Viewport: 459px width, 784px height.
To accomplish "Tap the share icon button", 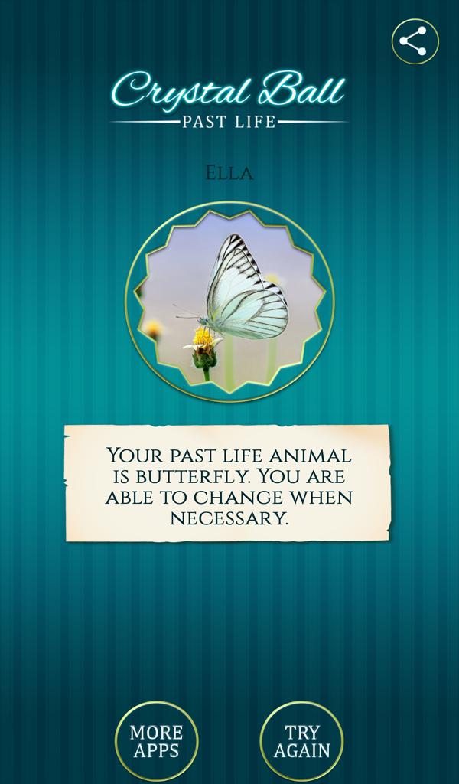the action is [x=415, y=41].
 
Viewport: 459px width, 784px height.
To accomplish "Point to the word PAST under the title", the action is [x=202, y=122].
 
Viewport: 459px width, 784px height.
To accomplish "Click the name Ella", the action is [x=229, y=174].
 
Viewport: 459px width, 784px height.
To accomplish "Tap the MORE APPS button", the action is [x=156, y=741].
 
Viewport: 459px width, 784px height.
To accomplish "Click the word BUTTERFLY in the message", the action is [x=192, y=476].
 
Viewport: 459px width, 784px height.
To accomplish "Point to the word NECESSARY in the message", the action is [x=229, y=518].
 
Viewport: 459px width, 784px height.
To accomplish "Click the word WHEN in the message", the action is [x=321, y=498].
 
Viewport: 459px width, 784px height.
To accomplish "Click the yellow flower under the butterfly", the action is [x=203, y=340].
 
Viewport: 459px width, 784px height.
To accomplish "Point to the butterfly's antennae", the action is [x=187, y=312].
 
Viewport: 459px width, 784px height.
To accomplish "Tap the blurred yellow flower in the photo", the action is [x=152, y=329].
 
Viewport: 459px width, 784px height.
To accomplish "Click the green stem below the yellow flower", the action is [x=206, y=374].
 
